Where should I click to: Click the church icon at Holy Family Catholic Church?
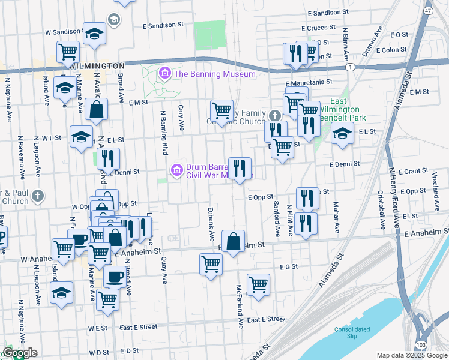point(274,115)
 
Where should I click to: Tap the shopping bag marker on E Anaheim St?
point(234,241)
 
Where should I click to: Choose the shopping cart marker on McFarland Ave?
point(258,285)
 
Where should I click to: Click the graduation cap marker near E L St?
point(342,133)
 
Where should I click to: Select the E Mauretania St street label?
point(309,83)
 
